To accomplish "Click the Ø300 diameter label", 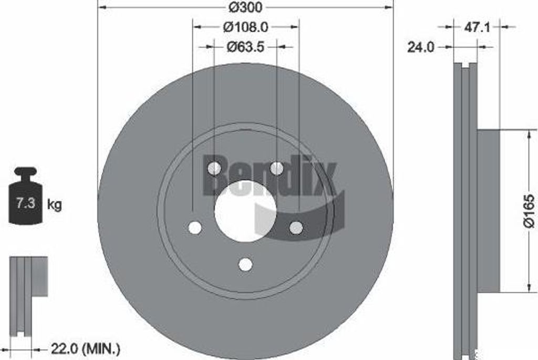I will (x=246, y=7).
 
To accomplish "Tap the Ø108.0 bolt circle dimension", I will (x=246, y=26).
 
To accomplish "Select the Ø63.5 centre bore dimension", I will (x=245, y=46).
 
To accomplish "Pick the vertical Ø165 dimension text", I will (x=527, y=211).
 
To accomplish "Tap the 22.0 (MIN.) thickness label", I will (x=86, y=348).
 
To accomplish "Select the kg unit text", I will (x=54, y=204).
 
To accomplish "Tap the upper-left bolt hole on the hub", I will (x=214, y=168).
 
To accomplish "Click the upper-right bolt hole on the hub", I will (x=276, y=168).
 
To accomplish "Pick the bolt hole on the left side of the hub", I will (x=195, y=228).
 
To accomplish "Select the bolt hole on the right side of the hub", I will (x=296, y=227).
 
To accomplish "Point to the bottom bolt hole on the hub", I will (x=245, y=264).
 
